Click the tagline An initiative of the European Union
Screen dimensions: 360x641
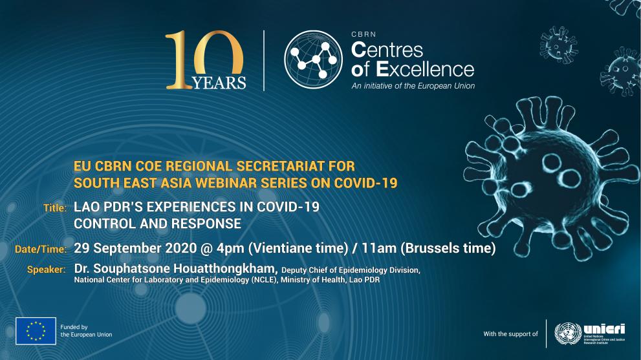413,86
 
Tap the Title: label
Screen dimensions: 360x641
55,208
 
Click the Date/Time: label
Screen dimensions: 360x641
41,249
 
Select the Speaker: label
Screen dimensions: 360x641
46,270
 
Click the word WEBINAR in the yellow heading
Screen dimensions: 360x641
239,183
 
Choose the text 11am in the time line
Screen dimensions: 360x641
374,248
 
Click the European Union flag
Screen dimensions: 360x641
36,331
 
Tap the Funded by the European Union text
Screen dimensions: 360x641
86,331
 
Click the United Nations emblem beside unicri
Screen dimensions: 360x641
567,333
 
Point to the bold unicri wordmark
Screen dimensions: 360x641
603,328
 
